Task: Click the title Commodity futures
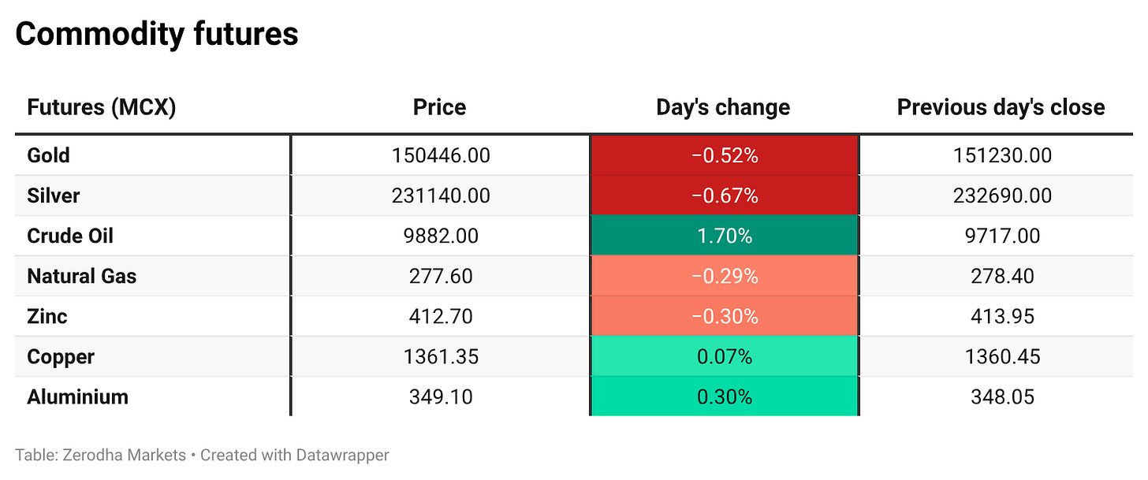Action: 157,35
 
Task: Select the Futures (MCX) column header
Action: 102,107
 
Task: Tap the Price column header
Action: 440,107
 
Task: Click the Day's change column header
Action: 723,107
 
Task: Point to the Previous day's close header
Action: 1001,107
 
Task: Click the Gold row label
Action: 48,155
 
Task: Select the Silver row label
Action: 54,195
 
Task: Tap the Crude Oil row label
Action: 70,236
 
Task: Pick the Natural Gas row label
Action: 82,276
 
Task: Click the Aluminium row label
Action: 77,397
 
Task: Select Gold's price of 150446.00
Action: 441,155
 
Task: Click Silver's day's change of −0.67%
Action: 725,195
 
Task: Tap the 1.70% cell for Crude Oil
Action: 725,236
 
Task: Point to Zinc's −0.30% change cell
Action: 725,317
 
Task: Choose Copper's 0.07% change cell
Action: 725,356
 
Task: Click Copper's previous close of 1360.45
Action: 1002,356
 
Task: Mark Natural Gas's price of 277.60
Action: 441,276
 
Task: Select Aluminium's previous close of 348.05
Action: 1002,397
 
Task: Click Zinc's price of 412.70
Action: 441,317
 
